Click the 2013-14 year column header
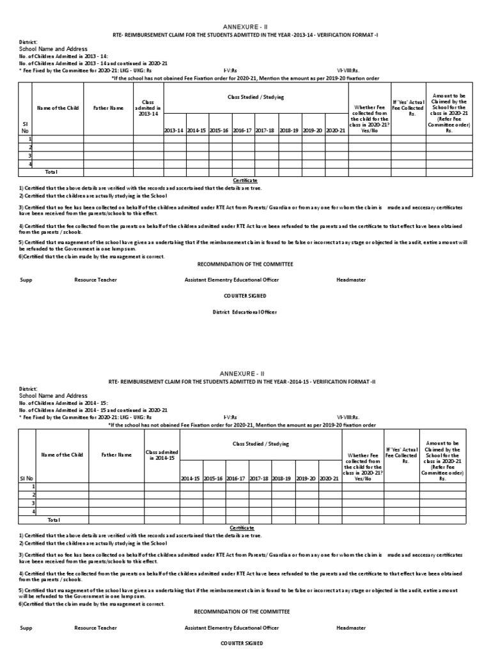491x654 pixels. (x=174, y=130)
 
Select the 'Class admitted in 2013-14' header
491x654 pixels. (x=148, y=109)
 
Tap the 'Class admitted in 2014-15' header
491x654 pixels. (x=162, y=455)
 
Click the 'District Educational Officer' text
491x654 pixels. (x=245, y=312)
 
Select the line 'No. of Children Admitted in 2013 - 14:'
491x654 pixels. (x=54, y=56)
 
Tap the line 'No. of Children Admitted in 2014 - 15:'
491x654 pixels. (x=54, y=403)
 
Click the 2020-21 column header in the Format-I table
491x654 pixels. (x=335, y=130)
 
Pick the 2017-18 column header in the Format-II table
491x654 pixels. (x=259, y=477)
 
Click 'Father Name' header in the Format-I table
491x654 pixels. (x=108, y=109)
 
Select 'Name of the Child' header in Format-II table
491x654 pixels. (x=62, y=455)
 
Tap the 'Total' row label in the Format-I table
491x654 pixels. (x=51, y=172)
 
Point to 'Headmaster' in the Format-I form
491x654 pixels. (x=350, y=280)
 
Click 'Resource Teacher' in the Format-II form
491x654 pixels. (x=95, y=627)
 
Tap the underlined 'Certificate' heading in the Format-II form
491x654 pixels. (x=242, y=528)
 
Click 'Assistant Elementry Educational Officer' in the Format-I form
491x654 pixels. (x=231, y=280)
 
